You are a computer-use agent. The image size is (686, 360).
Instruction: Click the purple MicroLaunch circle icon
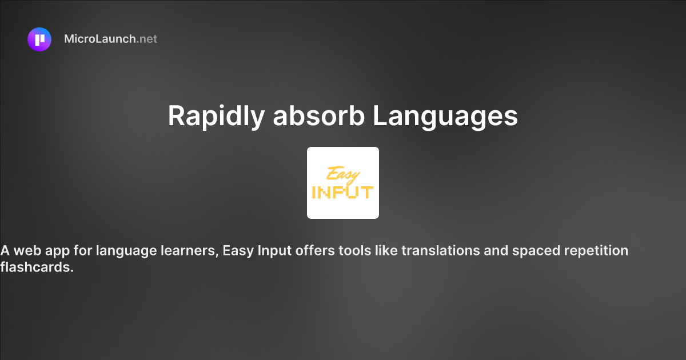pos(39,39)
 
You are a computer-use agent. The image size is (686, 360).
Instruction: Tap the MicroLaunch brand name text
pos(100,39)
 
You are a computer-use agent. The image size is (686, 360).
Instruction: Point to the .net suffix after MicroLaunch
pos(147,39)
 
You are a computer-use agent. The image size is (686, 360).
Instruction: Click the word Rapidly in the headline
pos(216,117)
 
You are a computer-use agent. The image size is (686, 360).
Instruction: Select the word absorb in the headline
pos(318,117)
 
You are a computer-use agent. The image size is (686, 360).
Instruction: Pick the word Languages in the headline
pos(445,117)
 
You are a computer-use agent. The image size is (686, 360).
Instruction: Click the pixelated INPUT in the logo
pos(342,192)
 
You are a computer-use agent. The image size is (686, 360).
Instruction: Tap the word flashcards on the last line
pos(37,267)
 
